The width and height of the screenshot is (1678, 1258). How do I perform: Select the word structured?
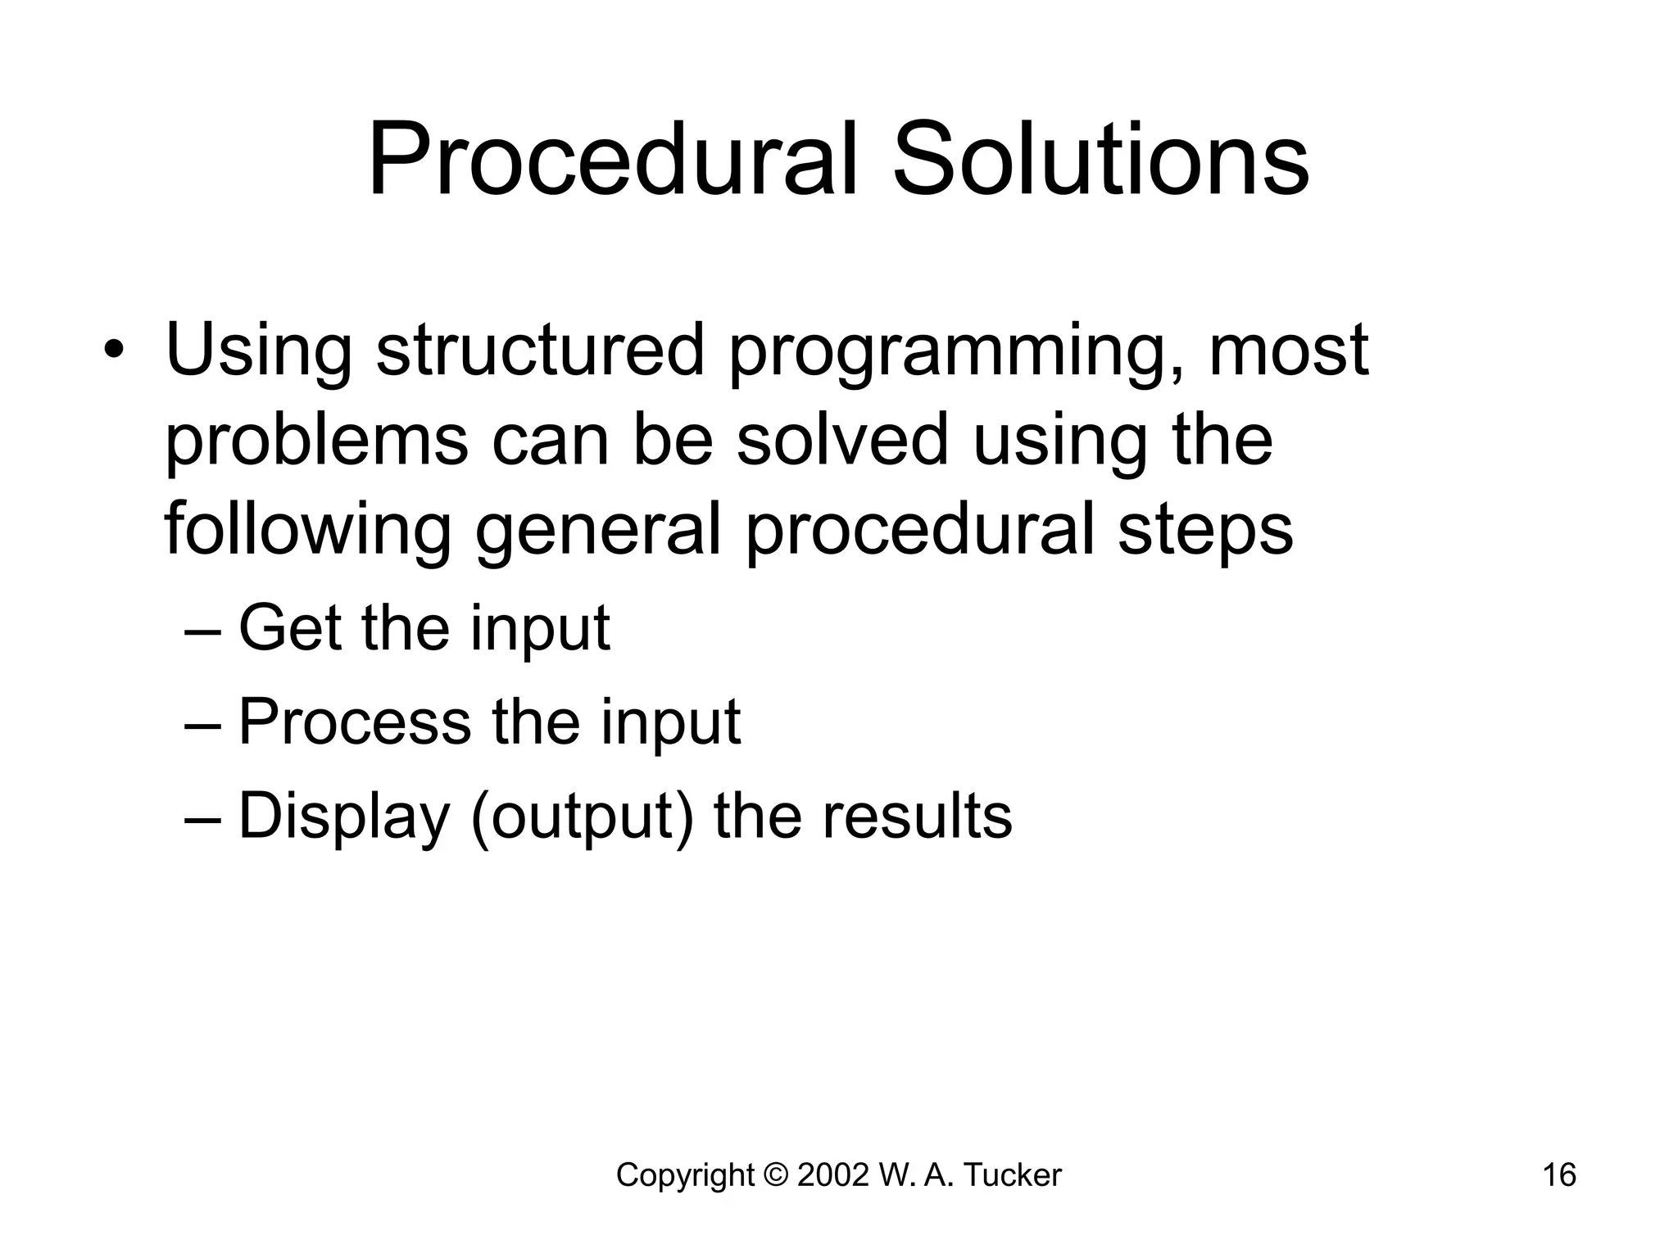tap(540, 350)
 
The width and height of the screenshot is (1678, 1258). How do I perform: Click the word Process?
tap(355, 722)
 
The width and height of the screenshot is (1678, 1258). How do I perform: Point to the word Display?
tap(344, 817)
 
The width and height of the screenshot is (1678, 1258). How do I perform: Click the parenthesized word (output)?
tap(583, 817)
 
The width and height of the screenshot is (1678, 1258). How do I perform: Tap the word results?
tap(917, 817)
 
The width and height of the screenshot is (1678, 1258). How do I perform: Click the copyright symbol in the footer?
tap(774, 1175)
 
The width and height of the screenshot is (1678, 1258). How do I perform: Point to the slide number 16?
tap(1559, 1175)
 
